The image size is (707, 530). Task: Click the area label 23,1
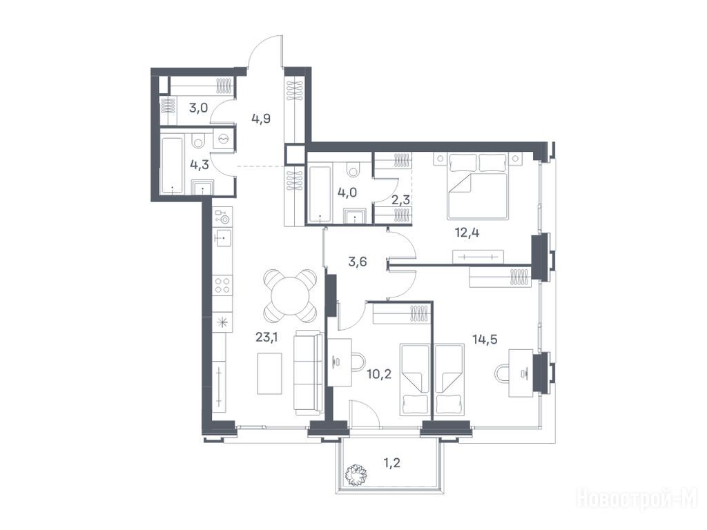(267, 337)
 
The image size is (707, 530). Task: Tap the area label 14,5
(485, 339)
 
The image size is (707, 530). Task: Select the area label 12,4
(467, 233)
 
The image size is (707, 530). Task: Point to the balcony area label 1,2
(391, 463)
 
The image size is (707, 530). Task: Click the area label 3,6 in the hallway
(357, 262)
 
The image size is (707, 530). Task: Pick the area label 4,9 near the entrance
(261, 119)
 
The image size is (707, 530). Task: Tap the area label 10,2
(379, 373)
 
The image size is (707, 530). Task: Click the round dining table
(291, 295)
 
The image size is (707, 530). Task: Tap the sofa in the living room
(309, 373)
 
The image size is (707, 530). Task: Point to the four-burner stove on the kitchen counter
(223, 285)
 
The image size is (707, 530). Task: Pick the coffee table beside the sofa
(270, 373)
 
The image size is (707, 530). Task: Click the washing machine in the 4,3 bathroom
(224, 139)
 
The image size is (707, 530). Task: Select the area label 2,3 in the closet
(400, 199)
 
